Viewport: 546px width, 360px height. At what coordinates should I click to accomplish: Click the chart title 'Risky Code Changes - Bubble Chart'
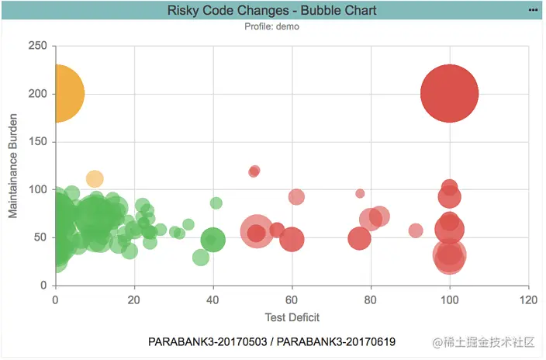click(272, 10)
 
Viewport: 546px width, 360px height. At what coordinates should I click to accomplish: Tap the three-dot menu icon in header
click(533, 9)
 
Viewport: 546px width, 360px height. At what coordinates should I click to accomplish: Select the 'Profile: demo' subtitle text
click(272, 26)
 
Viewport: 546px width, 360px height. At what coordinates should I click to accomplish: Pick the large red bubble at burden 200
click(449, 93)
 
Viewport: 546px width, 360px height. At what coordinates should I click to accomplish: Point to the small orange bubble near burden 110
click(94, 179)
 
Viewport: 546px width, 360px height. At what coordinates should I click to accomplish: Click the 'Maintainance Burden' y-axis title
click(13, 165)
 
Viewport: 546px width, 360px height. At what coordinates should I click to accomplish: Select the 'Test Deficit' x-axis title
click(292, 317)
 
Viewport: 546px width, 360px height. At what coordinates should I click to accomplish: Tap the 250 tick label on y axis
click(36, 46)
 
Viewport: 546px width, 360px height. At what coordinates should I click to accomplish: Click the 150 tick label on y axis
click(36, 142)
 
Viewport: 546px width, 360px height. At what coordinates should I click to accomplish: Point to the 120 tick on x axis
click(528, 299)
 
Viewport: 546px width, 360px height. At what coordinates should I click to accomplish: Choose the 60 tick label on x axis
click(292, 299)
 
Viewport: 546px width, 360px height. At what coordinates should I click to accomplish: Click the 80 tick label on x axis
click(371, 299)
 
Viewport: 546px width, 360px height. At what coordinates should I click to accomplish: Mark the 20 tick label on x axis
click(134, 299)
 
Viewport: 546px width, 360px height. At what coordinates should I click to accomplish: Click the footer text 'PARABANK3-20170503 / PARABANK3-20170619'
click(271, 341)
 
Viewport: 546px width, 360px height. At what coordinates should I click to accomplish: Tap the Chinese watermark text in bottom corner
click(485, 342)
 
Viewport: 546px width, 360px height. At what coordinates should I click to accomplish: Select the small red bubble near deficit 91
click(416, 230)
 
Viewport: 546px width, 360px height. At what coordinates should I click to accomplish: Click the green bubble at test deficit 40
click(213, 241)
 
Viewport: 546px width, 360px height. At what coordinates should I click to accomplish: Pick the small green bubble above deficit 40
click(216, 203)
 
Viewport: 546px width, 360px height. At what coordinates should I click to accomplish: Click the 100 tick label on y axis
click(36, 189)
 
